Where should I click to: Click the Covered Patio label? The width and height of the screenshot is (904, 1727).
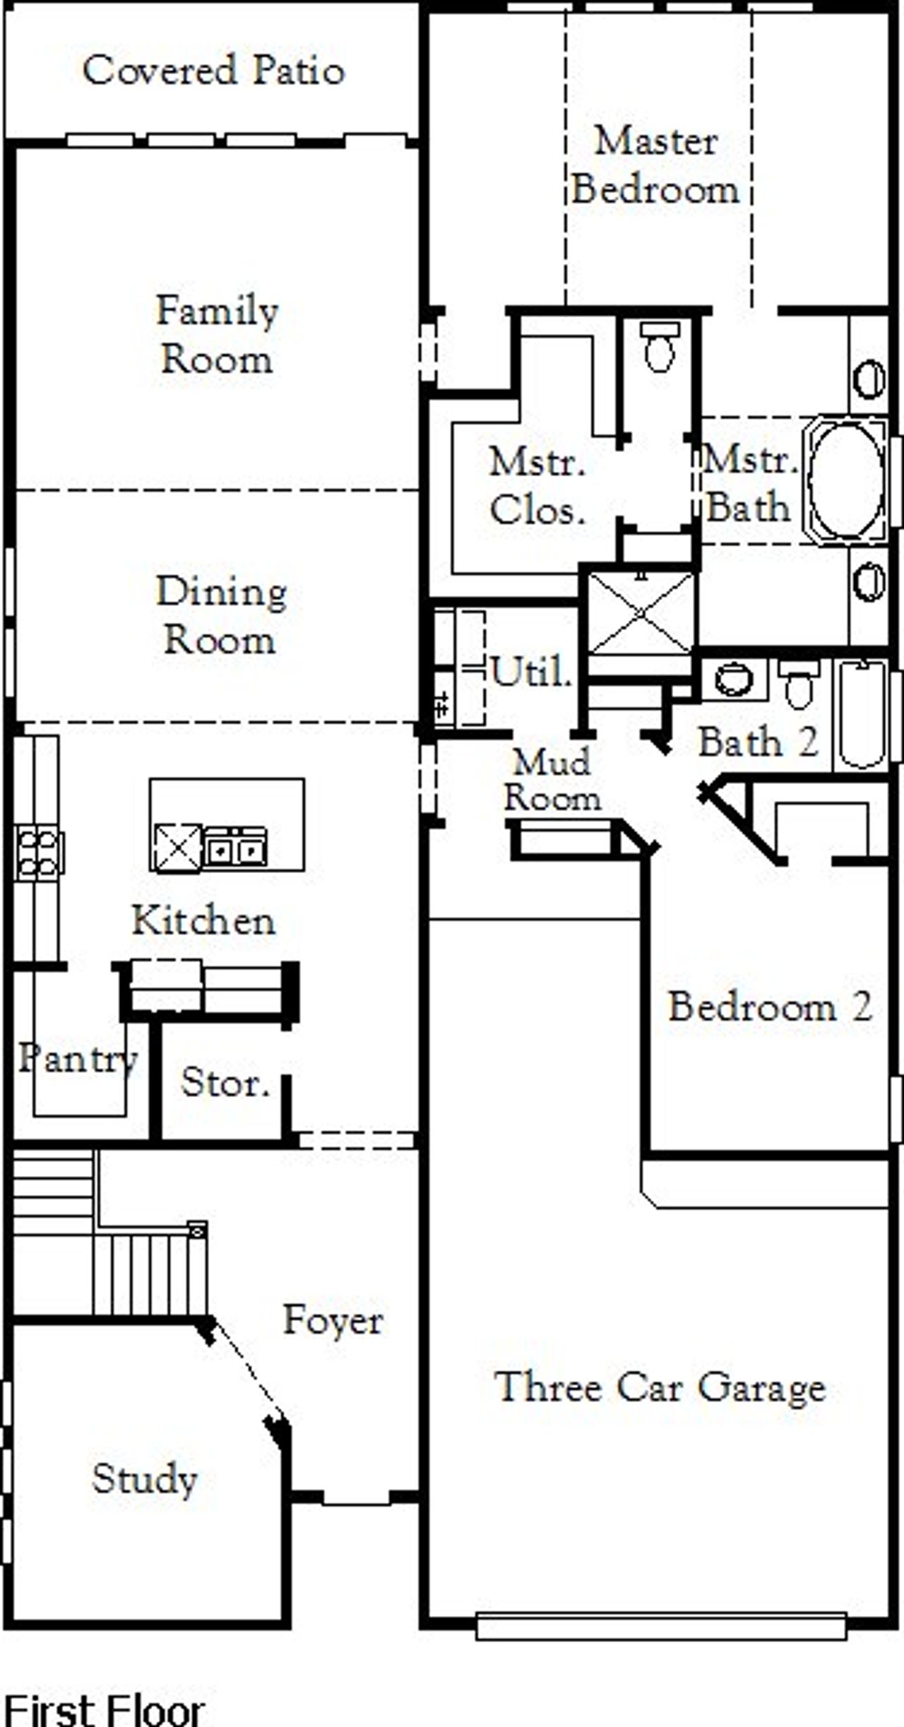pyautogui.click(x=213, y=71)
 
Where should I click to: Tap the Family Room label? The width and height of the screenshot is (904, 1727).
pyautogui.click(x=217, y=335)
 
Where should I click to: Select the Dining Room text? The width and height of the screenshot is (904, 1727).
pyautogui.click(x=220, y=615)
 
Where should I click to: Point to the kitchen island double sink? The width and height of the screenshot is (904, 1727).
pyautogui.click(x=235, y=847)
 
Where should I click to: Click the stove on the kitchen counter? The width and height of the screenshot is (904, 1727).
pyautogui.click(x=38, y=854)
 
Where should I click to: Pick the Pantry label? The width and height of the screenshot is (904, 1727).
pyautogui.click(x=77, y=1058)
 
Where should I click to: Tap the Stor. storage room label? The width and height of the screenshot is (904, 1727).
pyautogui.click(x=225, y=1082)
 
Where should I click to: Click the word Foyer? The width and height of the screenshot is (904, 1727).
pyautogui.click(x=333, y=1319)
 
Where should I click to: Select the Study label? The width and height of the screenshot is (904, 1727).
pyautogui.click(x=144, y=1478)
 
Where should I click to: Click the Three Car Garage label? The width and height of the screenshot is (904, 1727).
pyautogui.click(x=660, y=1387)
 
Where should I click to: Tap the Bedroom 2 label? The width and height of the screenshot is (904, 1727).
pyautogui.click(x=770, y=1007)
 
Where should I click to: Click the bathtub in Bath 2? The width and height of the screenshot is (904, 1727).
pyautogui.click(x=861, y=715)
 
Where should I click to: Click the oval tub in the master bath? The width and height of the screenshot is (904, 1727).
pyautogui.click(x=846, y=481)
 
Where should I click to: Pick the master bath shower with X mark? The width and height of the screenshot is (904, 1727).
pyautogui.click(x=641, y=613)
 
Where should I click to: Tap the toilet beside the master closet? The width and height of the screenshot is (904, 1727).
pyautogui.click(x=660, y=346)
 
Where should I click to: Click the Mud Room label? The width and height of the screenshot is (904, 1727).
pyautogui.click(x=552, y=781)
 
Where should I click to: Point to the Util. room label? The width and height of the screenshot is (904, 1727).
pyautogui.click(x=530, y=672)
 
